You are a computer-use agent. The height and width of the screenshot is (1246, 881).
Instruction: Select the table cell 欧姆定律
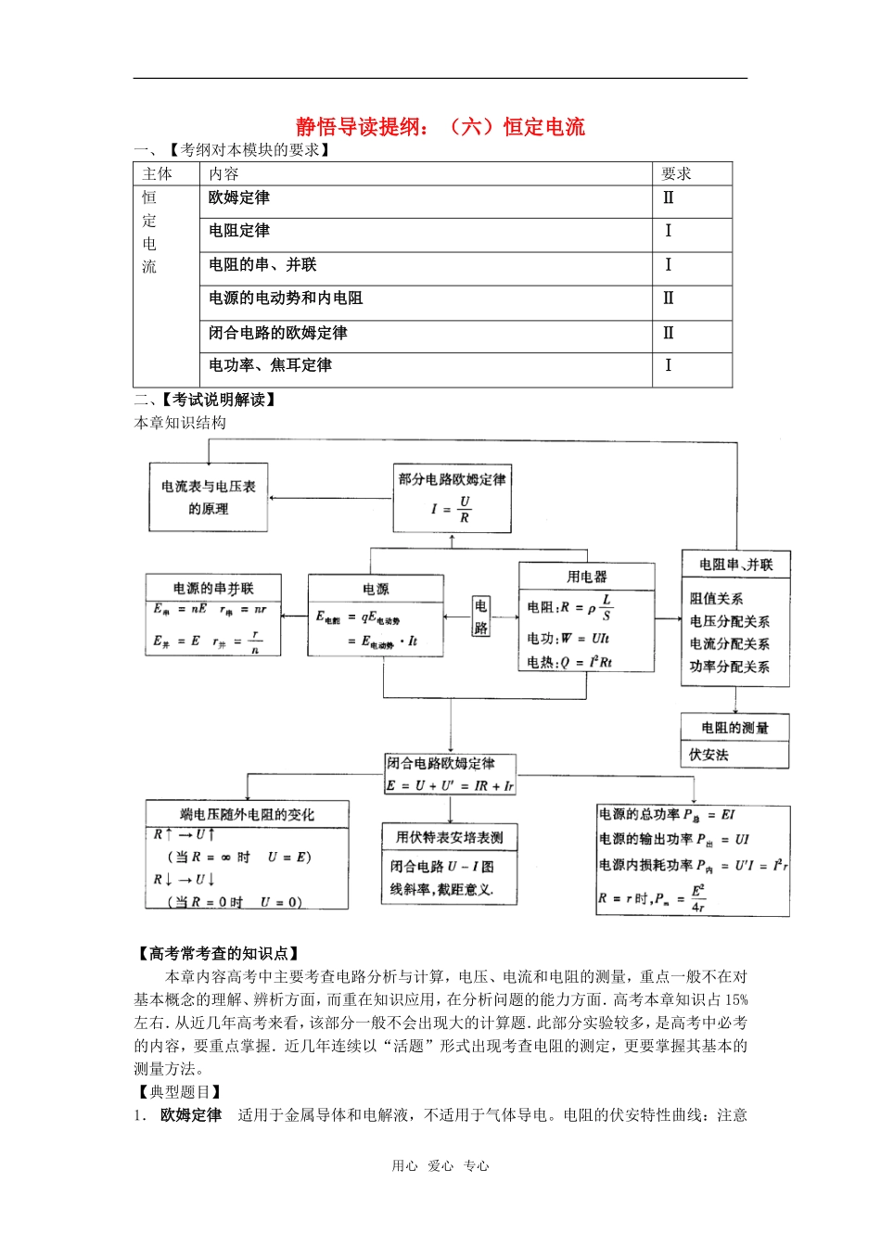click(x=239, y=197)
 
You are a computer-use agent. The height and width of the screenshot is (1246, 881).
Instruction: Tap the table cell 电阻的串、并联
click(x=262, y=264)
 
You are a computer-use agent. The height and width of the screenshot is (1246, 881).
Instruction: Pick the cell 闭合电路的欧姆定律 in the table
click(x=278, y=332)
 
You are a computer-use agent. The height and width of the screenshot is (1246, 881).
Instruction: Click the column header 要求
click(x=676, y=173)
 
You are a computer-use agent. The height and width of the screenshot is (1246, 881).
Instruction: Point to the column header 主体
click(x=158, y=173)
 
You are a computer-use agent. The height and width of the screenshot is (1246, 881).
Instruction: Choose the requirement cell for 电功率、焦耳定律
click(x=668, y=365)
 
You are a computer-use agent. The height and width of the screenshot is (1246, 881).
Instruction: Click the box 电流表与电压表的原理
click(x=209, y=497)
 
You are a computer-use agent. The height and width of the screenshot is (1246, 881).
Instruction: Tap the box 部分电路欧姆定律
click(x=453, y=479)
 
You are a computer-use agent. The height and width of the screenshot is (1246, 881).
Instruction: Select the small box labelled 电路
click(x=480, y=616)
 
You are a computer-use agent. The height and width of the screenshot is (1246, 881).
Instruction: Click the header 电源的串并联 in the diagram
click(x=213, y=588)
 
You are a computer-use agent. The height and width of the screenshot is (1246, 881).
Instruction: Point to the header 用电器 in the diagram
click(x=587, y=576)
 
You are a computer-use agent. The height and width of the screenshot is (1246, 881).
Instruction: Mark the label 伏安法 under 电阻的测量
click(x=709, y=755)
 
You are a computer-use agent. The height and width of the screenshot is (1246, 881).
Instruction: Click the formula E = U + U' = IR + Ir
click(x=450, y=785)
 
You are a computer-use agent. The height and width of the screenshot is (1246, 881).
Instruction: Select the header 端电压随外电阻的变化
click(x=247, y=814)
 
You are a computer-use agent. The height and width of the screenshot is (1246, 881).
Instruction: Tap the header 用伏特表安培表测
click(x=450, y=837)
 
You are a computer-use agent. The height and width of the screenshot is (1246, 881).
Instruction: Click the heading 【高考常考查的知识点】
click(x=218, y=953)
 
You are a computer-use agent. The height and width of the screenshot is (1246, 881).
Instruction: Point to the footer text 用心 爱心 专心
click(x=440, y=1166)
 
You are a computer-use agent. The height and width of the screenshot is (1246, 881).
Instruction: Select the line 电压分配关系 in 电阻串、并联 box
click(x=730, y=621)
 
